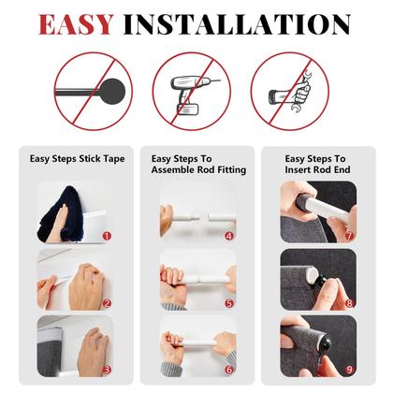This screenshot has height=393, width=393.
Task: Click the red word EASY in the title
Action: pos(76,24)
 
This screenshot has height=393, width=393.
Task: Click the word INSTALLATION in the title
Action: pos(237,24)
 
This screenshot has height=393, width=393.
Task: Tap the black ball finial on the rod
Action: pos(112,92)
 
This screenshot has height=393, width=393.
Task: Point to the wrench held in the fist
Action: pos(301,92)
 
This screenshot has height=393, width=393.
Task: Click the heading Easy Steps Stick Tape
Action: pos(77,159)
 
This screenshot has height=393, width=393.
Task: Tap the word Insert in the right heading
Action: pos(298,170)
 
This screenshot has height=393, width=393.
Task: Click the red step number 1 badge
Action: pos(107,236)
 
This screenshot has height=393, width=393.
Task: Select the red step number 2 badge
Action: pos(107,303)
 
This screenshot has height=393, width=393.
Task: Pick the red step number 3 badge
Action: pos(107,370)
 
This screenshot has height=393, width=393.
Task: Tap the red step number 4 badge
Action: pos(229,236)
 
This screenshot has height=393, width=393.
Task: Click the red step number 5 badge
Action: pos(229,303)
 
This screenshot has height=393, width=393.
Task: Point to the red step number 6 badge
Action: pos(229,370)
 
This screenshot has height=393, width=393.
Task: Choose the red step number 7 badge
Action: pos(349,236)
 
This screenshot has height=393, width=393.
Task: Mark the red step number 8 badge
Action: pos(349,303)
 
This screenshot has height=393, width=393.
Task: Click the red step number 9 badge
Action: pos(349,370)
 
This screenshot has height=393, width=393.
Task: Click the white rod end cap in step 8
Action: pos(312,275)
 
